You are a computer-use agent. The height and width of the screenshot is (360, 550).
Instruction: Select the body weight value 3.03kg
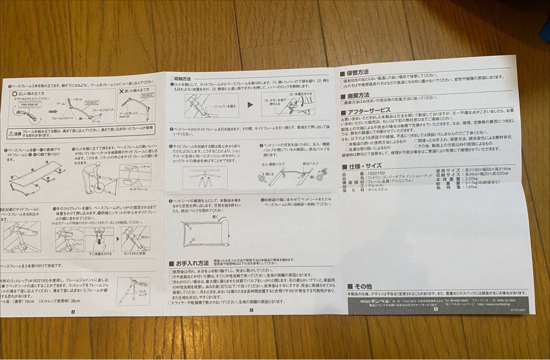coord(470,178)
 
